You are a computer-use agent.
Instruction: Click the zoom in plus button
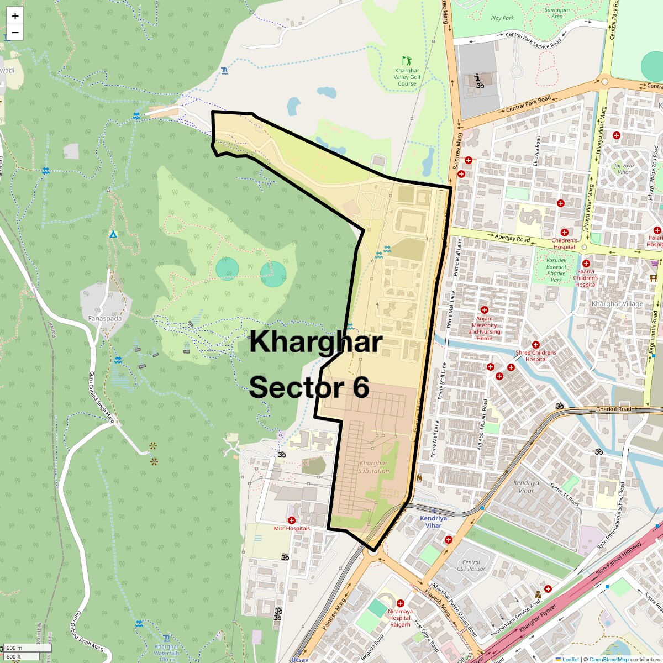(x=15, y=16)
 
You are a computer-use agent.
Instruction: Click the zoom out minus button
(x=15, y=33)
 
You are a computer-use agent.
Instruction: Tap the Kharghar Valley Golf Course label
(x=407, y=77)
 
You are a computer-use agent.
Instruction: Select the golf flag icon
(x=407, y=61)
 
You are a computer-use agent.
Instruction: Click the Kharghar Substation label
(x=373, y=467)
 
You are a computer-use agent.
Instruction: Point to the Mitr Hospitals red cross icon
(x=292, y=520)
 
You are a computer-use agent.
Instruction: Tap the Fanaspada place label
(x=105, y=319)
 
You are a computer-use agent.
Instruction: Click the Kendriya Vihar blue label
(x=433, y=522)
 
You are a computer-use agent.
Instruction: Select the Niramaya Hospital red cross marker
(x=401, y=603)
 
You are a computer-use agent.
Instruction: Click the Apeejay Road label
(x=512, y=238)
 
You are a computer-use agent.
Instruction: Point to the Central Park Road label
(x=529, y=103)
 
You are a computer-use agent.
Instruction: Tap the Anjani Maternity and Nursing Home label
(x=485, y=328)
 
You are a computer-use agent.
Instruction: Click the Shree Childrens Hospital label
(x=536, y=356)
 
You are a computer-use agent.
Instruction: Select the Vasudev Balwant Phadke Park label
(x=556, y=270)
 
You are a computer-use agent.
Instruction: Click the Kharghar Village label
(x=617, y=304)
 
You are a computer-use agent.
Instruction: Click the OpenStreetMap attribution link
(x=608, y=659)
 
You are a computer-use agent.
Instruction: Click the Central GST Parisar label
(x=471, y=565)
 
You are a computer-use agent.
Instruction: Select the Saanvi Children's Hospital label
(x=586, y=278)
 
